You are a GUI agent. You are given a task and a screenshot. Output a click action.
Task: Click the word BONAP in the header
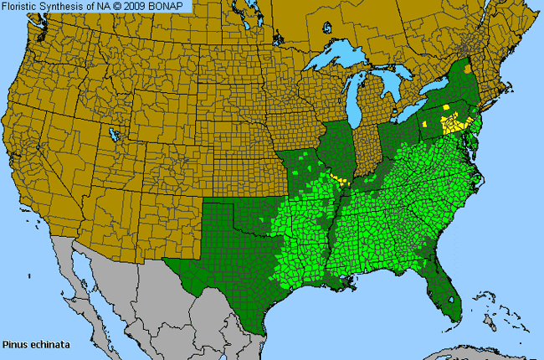click(x=171, y=7)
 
